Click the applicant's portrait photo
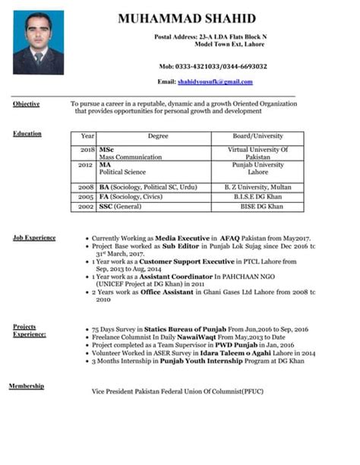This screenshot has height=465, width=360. click(38, 42)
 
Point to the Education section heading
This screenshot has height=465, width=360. click(27, 134)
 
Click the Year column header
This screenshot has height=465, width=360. click(87, 136)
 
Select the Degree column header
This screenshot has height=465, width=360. click(158, 136)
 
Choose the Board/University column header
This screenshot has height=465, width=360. click(257, 136)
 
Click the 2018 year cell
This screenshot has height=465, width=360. click(87, 150)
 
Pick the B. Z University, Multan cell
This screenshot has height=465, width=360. click(257, 186)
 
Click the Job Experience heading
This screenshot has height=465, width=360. click(33, 238)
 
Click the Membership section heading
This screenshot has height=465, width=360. click(26, 387)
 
